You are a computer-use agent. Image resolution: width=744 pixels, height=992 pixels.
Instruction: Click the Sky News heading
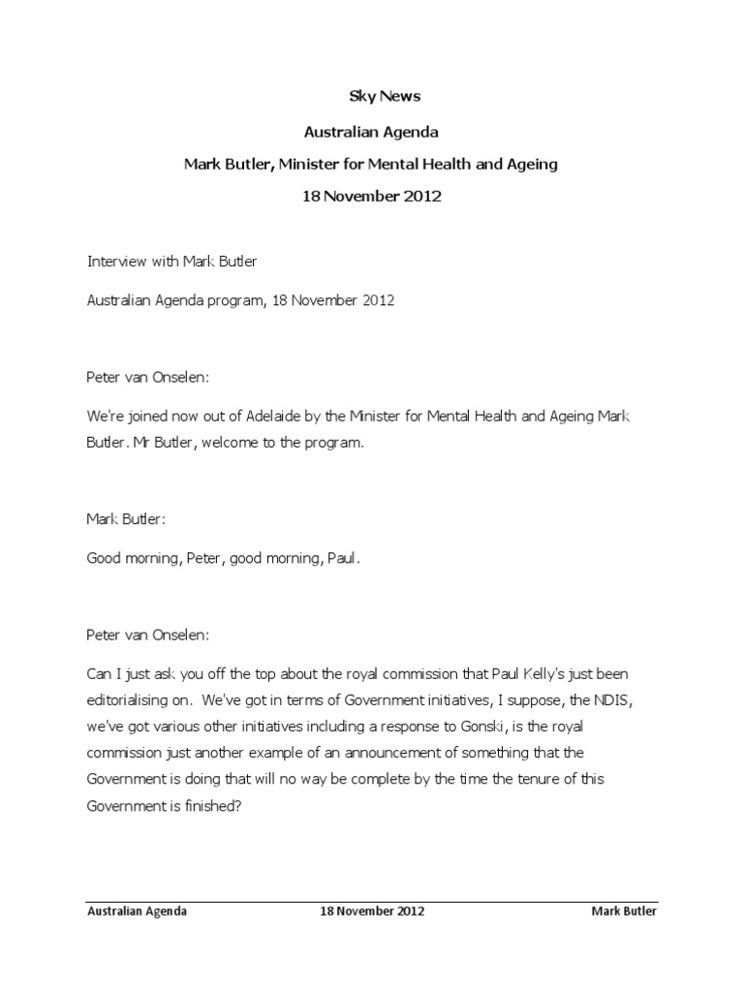[x=371, y=97]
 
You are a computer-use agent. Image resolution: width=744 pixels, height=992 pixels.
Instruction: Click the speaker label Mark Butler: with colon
[x=127, y=519]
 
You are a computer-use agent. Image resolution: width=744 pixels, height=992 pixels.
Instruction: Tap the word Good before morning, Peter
[x=105, y=558]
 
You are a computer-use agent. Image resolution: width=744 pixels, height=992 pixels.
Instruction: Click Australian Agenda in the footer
[x=137, y=912]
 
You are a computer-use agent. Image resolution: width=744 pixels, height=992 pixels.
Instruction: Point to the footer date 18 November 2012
[x=371, y=912]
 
